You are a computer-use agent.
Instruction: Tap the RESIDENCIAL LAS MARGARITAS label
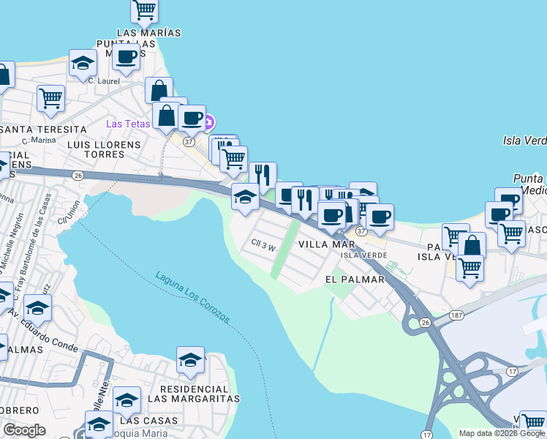[194, 394]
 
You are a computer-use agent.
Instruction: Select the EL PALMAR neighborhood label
[355, 279]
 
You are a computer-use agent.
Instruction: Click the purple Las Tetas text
[128, 123]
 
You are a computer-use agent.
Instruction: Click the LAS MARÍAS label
[148, 33]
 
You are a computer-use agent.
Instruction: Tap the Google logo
[24, 430]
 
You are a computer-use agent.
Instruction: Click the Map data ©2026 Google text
[502, 433]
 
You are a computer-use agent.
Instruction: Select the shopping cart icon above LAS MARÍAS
[145, 10]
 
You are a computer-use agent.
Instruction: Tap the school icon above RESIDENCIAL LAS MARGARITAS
[190, 359]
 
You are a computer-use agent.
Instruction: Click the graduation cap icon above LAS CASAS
[127, 399]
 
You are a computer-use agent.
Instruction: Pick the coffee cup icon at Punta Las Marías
[126, 57]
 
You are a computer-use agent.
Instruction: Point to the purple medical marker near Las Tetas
[209, 121]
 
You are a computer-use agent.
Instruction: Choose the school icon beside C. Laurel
[83, 63]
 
